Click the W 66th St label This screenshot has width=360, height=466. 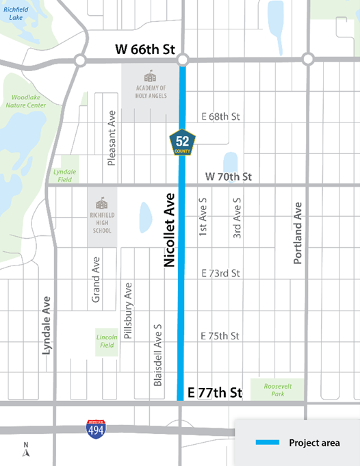pyautogui.click(x=140, y=49)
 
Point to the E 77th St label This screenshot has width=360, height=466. pyautogui.click(x=214, y=393)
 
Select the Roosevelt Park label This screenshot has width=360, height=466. pyautogui.click(x=277, y=390)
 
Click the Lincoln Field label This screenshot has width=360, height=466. pyautogui.click(x=106, y=341)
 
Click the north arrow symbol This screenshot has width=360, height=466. pyautogui.click(x=26, y=449)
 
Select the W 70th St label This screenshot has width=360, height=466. pyautogui.click(x=229, y=177)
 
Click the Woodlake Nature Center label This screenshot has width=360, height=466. pyautogui.click(x=25, y=101)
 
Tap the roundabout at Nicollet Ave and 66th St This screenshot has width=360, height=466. pyautogui.click(x=183, y=60)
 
